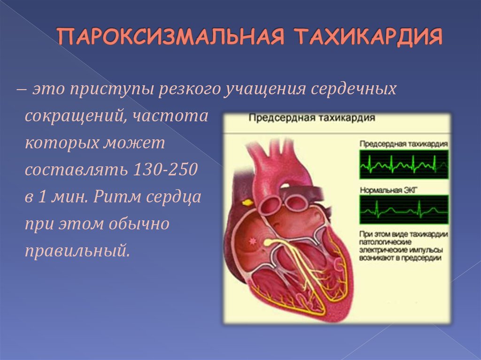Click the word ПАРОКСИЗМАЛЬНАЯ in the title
(171, 37)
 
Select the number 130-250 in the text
(165, 169)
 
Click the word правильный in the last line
(78, 251)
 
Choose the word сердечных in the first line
(353, 89)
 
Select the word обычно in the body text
(139, 223)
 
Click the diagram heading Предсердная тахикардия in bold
(312, 118)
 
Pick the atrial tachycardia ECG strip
(403, 164)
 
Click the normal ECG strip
(403, 209)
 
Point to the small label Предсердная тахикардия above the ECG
(403, 144)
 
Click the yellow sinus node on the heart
(247, 203)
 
